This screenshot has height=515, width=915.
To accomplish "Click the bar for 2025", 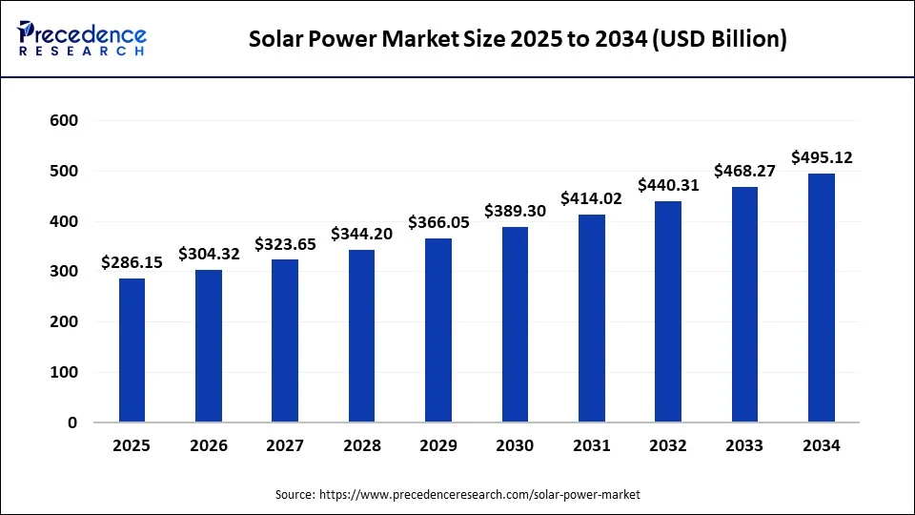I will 132,350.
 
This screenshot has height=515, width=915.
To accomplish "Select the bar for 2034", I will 822,298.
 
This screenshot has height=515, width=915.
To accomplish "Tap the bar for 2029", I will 438,330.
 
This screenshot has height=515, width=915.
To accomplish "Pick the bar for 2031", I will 592,319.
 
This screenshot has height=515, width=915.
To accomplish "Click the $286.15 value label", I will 132,261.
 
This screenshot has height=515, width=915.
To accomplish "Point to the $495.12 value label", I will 822,156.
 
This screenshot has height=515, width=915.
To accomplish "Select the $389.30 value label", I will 516,211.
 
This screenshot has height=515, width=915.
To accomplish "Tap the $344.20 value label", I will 362,233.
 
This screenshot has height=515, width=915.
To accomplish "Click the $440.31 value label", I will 668,185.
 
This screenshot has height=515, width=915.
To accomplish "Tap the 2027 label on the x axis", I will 285,445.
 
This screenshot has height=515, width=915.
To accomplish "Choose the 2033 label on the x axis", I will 744,445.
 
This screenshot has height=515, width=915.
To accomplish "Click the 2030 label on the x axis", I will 515,445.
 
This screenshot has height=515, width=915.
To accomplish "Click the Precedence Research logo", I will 82,39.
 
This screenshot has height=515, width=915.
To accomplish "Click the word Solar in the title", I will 275,40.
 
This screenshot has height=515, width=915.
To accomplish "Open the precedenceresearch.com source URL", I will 480,495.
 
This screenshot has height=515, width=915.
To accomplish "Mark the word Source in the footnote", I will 295,495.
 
